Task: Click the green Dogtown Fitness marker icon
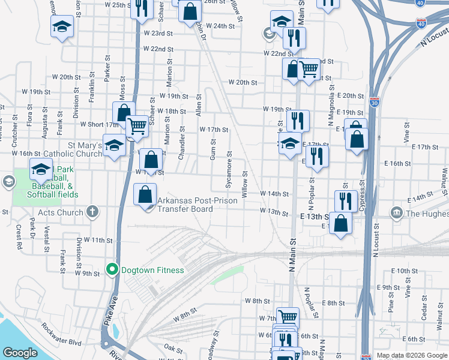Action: point(112,270)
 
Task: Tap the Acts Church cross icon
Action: point(92,212)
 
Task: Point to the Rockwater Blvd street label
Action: point(61,335)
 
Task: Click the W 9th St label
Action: point(87,273)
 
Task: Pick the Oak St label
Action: point(173,348)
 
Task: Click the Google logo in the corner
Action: point(20,353)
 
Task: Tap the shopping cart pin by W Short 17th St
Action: point(137,126)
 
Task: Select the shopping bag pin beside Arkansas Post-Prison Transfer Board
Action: point(145,195)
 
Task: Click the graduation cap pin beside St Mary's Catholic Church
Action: point(114,145)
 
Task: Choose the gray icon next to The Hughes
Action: point(396,213)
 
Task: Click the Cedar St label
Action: point(424,310)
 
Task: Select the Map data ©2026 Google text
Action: point(412,355)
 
